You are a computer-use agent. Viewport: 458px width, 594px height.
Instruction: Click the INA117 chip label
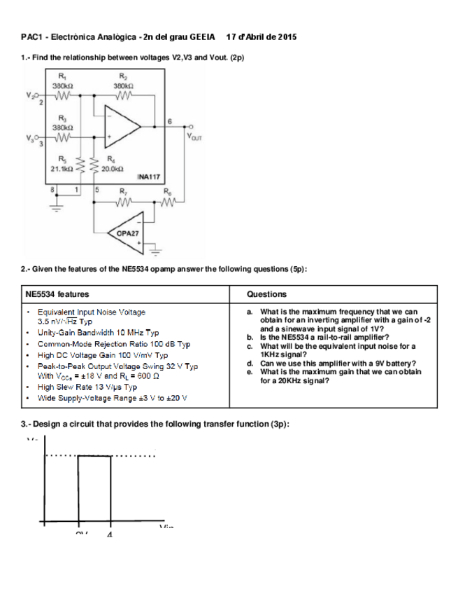click(150, 179)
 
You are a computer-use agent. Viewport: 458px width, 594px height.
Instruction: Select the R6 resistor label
click(166, 191)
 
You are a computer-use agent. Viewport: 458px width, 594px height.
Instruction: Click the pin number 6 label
click(170, 121)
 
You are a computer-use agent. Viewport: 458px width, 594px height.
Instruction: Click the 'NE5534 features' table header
click(57, 294)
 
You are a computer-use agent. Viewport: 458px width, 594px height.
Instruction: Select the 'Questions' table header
click(266, 294)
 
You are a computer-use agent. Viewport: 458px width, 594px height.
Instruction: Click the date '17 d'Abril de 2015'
click(262, 36)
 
